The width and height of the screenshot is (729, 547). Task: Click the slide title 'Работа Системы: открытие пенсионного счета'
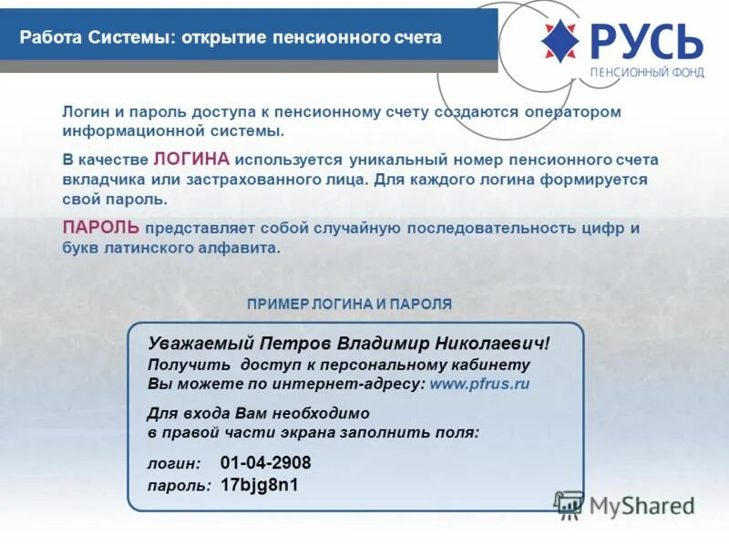pyautogui.click(x=231, y=38)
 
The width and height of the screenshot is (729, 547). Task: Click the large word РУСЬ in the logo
pyautogui.click(x=646, y=40)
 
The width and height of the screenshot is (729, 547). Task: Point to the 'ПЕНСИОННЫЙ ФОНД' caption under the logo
pyautogui.click(x=647, y=73)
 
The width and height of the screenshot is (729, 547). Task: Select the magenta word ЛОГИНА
pyautogui.click(x=191, y=159)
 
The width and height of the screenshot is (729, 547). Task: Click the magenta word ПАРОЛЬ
pyautogui.click(x=101, y=227)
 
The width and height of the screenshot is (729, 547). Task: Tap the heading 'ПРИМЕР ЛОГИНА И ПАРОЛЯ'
pyautogui.click(x=349, y=304)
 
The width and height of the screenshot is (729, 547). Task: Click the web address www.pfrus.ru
pyautogui.click(x=479, y=384)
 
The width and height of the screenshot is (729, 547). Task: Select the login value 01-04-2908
pyautogui.click(x=265, y=462)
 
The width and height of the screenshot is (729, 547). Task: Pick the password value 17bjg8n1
pyautogui.click(x=260, y=484)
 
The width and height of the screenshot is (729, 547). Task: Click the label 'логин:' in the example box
pyautogui.click(x=174, y=464)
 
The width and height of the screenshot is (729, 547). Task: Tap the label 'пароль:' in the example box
pyautogui.click(x=180, y=485)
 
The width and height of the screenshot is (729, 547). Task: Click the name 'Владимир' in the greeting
pyautogui.click(x=382, y=344)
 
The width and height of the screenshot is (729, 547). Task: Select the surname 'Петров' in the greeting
pyautogui.click(x=295, y=344)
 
